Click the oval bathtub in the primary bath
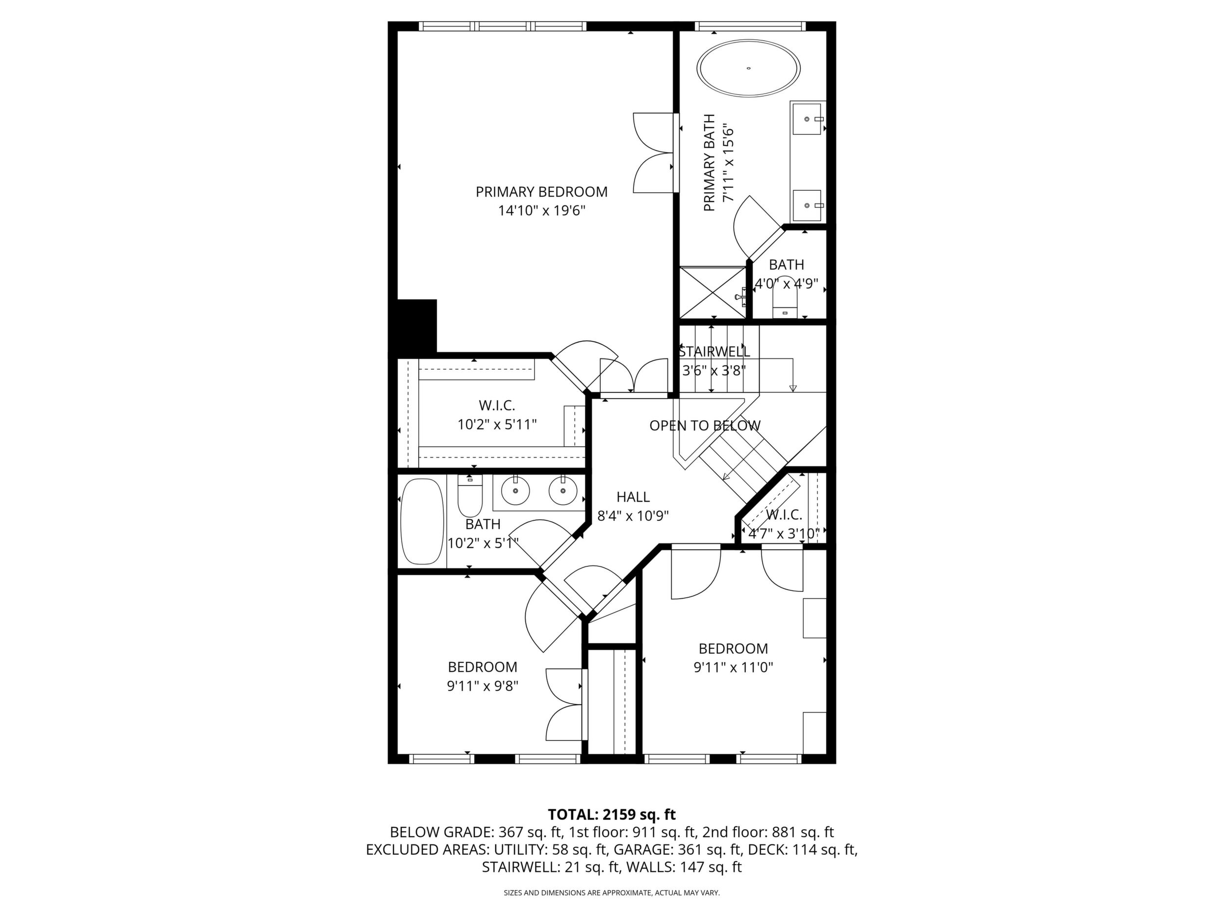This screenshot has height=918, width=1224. tap(749, 69)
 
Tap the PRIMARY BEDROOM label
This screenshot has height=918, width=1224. tap(541, 192)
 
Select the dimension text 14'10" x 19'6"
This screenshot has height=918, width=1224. tap(541, 211)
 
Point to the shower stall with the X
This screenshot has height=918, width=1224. tap(713, 293)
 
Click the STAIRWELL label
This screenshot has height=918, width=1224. tap(714, 352)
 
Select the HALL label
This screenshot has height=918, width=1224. tap(633, 497)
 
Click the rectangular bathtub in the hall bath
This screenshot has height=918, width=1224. tap(422, 521)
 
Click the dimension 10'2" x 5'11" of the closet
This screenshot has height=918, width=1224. tap(497, 424)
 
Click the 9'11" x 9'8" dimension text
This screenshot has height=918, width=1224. tap(483, 686)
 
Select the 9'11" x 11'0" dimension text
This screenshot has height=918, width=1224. tap(733, 667)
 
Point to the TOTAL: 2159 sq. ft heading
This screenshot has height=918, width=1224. tap(612, 815)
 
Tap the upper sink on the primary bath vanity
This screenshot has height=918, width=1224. tap(807, 119)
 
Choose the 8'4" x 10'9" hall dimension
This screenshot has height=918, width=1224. tap(633, 516)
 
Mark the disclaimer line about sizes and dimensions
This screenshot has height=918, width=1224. tap(612, 892)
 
